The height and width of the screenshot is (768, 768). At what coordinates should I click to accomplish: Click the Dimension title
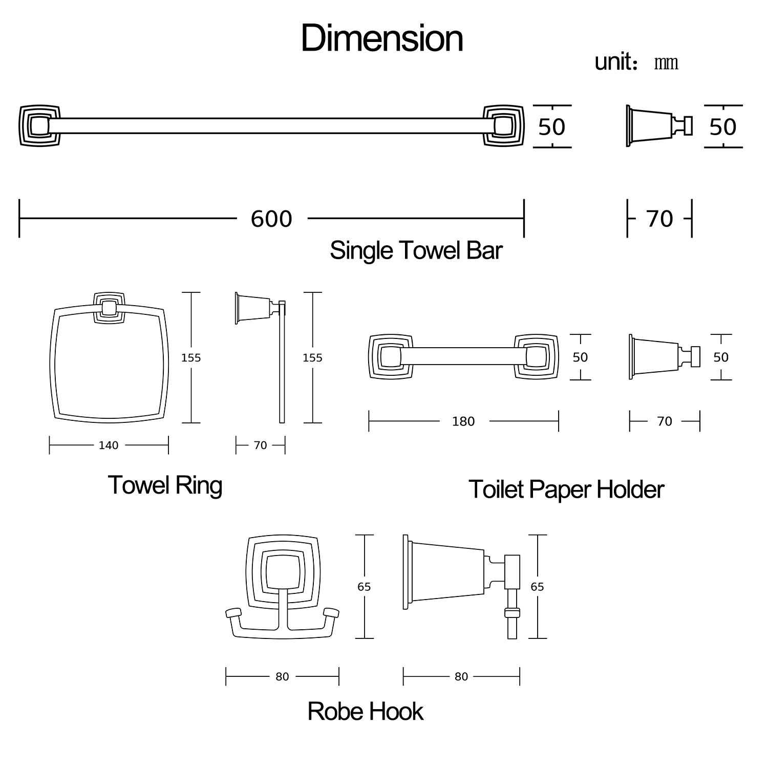(x=382, y=38)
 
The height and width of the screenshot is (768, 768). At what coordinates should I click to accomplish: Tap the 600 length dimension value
(x=271, y=219)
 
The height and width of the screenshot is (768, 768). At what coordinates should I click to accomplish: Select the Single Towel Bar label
(x=416, y=250)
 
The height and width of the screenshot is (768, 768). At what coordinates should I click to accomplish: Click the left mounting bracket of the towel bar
(x=39, y=126)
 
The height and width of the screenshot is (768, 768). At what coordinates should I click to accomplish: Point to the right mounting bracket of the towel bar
(x=503, y=126)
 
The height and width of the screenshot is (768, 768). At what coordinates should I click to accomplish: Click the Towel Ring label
(x=165, y=485)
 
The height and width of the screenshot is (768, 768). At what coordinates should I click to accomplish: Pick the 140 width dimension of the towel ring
(x=109, y=445)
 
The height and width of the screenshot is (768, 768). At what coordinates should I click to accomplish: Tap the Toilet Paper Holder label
(x=566, y=489)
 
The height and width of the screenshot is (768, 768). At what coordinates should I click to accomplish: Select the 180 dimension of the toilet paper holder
(x=463, y=421)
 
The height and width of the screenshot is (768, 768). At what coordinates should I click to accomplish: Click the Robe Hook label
(x=365, y=712)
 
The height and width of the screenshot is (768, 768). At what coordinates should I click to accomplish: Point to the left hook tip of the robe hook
(x=233, y=613)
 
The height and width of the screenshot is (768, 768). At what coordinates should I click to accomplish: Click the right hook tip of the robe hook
(x=331, y=613)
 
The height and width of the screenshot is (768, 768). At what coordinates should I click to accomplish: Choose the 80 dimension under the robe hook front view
(x=282, y=677)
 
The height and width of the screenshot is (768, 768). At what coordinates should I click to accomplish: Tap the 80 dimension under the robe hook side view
(x=461, y=677)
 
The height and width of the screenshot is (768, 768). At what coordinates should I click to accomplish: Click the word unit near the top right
(x=613, y=62)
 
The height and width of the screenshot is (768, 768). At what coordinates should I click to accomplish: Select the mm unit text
(x=666, y=63)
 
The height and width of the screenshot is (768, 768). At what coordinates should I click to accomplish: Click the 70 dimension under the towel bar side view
(x=659, y=219)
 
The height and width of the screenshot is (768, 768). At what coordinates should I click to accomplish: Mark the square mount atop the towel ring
(x=109, y=308)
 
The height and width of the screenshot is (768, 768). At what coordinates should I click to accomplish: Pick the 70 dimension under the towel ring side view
(x=261, y=445)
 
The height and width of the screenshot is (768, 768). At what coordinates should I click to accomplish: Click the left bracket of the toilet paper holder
(x=391, y=357)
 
